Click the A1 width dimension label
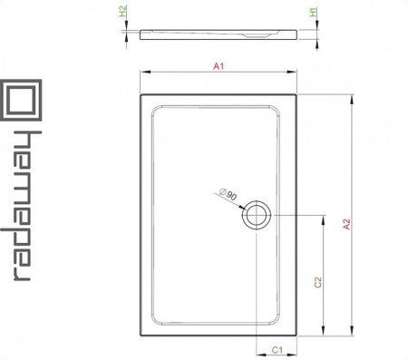pos(219,66)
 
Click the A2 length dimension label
pos(346,224)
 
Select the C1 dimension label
pos(277,350)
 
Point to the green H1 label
pos(314,12)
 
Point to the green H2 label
pos(122,12)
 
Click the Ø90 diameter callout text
pos(228,194)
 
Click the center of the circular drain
pos(257,215)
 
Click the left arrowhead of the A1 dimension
pos(145,72)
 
